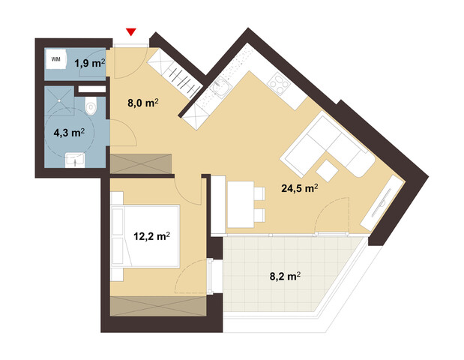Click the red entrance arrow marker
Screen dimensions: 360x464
click(132, 31)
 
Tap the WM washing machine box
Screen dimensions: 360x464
click(56, 58)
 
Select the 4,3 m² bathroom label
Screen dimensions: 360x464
click(68, 133)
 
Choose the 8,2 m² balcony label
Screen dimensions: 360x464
click(284, 276)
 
